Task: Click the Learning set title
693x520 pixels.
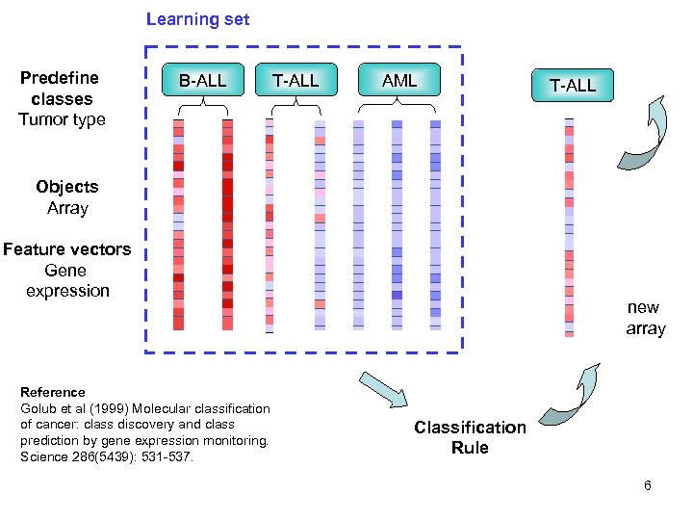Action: click(197, 19)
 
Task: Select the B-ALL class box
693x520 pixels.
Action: click(202, 81)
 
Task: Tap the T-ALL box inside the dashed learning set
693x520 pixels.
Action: click(295, 81)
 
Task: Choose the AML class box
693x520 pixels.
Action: click(399, 81)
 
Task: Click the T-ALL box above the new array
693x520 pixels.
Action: click(572, 86)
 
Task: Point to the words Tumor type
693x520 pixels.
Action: click(62, 119)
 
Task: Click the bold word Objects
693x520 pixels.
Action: click(67, 187)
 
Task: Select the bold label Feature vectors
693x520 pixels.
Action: click(66, 249)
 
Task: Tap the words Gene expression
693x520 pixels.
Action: click(66, 280)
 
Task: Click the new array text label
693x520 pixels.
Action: click(644, 318)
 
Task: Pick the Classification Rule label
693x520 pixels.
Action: click(470, 437)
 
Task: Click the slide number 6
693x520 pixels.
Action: click(648, 485)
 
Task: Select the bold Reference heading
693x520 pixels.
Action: click(52, 392)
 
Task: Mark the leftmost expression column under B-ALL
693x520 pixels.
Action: click(178, 224)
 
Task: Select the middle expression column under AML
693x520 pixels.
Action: click(397, 224)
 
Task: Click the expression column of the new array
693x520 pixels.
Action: click(569, 226)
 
